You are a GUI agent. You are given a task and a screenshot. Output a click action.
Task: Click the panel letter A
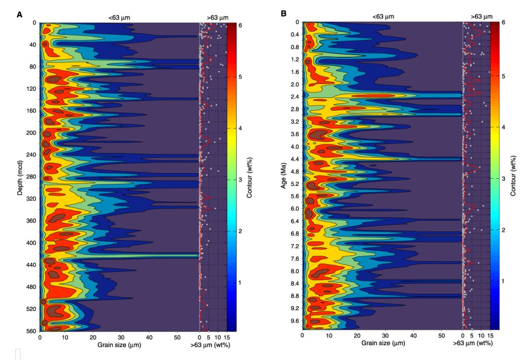click(x=20, y=14)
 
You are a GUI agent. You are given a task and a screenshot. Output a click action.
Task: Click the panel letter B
click(x=283, y=14)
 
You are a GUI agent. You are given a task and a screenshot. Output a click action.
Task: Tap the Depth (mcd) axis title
click(x=20, y=174)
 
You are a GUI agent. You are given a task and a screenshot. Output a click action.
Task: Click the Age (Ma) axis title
click(x=283, y=174)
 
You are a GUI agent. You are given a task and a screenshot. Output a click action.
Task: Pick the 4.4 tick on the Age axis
click(x=294, y=159)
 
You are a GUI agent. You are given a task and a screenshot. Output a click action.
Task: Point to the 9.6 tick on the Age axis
click(x=294, y=321)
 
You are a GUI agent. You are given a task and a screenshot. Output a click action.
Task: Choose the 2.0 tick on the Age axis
click(x=294, y=84)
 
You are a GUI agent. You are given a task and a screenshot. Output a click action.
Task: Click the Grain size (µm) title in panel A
click(x=119, y=344)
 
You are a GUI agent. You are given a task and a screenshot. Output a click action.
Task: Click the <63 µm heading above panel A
click(x=119, y=17)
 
